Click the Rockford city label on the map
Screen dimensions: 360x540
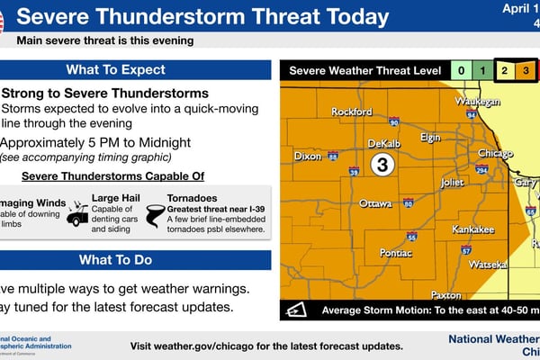tap(351, 112)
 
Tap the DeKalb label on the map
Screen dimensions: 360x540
tap(383, 144)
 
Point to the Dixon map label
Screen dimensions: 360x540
tap(307, 156)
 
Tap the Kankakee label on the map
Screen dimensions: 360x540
tap(472, 229)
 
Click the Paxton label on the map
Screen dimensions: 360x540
tap(446, 294)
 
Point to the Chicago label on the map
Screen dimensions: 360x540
tap(495, 153)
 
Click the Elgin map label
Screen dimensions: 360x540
tap(430, 137)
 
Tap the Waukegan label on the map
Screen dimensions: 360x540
tap(478, 102)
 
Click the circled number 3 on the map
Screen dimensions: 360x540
tap(382, 165)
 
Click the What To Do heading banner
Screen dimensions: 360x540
tap(135, 261)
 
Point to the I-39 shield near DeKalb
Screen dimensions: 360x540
tap(354, 171)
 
